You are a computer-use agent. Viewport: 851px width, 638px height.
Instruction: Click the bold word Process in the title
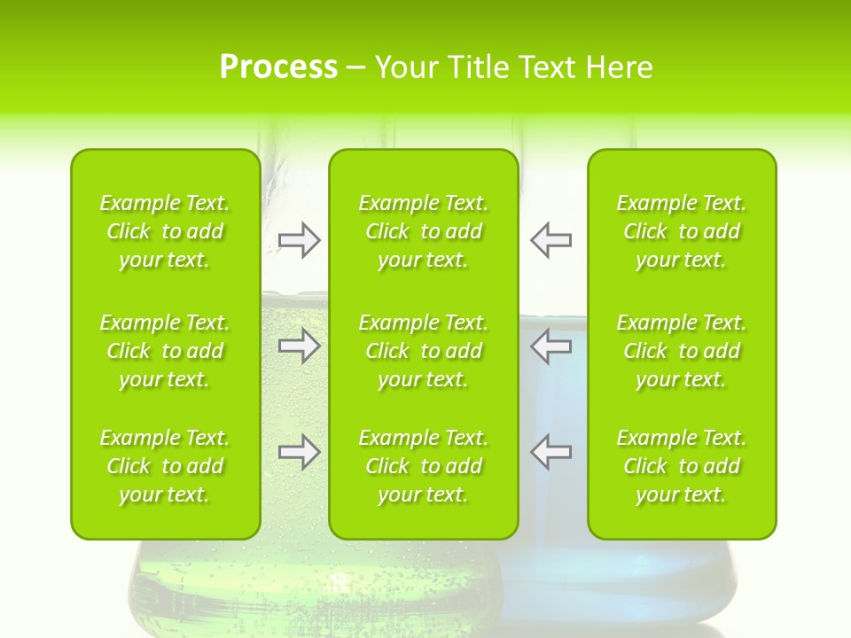[278, 67]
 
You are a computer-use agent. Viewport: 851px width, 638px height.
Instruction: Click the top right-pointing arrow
[299, 240]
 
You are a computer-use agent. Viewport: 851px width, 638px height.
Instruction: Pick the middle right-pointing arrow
[299, 346]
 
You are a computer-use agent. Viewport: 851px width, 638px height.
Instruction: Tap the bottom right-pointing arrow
[299, 452]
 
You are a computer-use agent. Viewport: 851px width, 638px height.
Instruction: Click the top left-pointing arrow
[551, 240]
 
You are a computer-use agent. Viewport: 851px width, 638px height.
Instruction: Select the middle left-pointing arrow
[551, 346]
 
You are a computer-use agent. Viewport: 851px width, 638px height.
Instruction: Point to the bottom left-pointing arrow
[551, 452]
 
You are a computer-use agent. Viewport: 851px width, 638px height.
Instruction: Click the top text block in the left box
[165, 231]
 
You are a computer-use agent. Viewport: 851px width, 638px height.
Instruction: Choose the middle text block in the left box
[165, 351]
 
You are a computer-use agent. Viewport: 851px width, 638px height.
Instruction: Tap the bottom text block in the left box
[165, 466]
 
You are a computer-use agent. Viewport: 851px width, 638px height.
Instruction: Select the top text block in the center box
[424, 231]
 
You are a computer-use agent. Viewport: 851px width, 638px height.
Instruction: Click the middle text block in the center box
[424, 351]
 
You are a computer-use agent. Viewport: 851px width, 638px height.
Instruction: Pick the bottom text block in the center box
[424, 466]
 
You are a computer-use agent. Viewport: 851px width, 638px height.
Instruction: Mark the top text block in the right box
[682, 231]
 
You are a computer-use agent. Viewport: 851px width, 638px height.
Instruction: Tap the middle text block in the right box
[682, 351]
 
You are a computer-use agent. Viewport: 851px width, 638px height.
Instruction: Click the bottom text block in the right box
[682, 466]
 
